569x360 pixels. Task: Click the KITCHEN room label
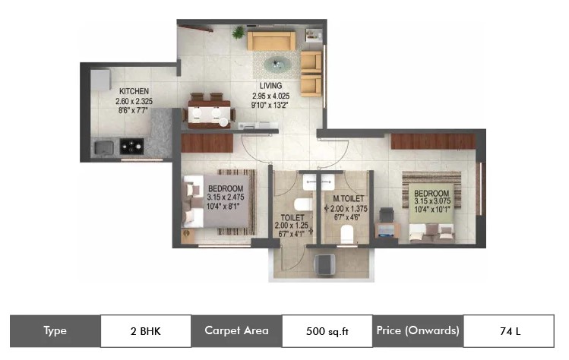point(134,91)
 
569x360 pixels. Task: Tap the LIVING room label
point(270,86)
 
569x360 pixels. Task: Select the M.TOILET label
point(349,198)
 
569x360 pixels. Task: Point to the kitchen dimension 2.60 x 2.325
point(134,101)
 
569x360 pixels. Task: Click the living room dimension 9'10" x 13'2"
point(270,106)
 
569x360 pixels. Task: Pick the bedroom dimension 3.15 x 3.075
point(432,201)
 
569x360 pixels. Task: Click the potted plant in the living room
point(239,33)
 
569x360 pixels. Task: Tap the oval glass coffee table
point(277,65)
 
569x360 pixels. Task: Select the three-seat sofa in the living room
point(271,41)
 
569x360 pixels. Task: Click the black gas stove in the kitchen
point(131,147)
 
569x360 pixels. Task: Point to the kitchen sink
point(104,147)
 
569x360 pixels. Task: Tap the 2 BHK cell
point(146,331)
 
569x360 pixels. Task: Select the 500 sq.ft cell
point(327,331)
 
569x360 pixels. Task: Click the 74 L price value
point(509,331)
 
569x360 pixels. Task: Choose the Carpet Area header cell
point(236,331)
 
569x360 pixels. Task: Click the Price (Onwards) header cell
point(418,331)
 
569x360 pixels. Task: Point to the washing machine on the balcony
point(324,264)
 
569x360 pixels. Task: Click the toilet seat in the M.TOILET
point(347,235)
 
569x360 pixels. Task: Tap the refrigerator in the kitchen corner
point(100,80)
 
